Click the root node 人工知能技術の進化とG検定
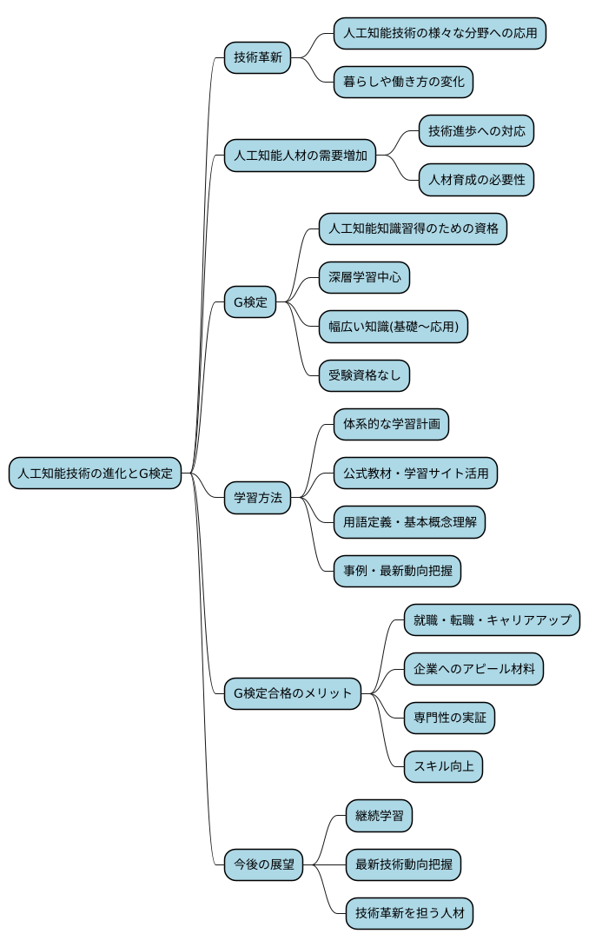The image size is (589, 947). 96,473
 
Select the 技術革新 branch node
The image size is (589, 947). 257,58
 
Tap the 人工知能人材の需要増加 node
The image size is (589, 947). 301,156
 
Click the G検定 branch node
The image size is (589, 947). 250,303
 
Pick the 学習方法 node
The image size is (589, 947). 257,498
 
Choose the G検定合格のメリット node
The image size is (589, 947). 292,693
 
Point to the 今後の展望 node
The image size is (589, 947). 263,864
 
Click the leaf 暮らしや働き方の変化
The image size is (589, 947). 404,83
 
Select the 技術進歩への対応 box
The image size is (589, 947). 476,131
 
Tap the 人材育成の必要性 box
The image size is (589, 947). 476,181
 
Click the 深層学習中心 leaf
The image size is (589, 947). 364,278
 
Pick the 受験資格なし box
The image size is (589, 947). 364,375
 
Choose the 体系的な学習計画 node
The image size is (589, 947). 391,425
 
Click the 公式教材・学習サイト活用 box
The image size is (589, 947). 415,473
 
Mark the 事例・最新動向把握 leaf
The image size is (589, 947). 397,571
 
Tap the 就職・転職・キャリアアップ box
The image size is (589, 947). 492,619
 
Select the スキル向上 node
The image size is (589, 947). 443,766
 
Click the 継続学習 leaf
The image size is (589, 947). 379,816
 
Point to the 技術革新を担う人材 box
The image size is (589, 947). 409,913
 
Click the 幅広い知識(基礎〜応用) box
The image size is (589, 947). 394,327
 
